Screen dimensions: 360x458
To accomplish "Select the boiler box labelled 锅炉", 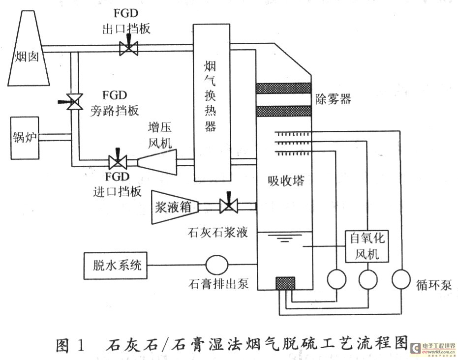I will (25, 138).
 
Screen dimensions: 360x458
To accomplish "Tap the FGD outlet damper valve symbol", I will (129, 48).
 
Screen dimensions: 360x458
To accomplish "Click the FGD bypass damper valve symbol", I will (75, 102).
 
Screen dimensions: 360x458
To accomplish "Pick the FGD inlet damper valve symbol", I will (118, 162).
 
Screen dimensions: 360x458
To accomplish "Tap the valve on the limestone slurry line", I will (228, 205).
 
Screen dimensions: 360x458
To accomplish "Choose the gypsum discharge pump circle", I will (216, 266).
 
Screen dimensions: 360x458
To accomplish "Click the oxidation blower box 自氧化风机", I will (365, 246).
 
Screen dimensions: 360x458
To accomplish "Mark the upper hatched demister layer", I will (284, 88).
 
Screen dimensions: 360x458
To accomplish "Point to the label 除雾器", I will (333, 99).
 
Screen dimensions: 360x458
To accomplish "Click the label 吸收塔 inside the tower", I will (286, 180).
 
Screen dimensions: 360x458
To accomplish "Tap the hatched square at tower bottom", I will (285, 283).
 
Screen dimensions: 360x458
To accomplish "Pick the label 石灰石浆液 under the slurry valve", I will (218, 232).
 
